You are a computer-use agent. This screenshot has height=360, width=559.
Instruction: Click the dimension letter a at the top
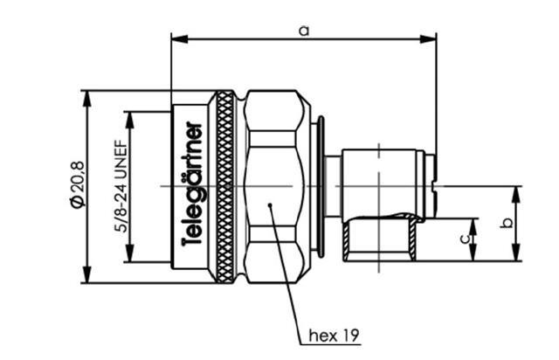(x=304, y=31)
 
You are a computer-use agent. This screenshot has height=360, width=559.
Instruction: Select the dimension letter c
(x=465, y=239)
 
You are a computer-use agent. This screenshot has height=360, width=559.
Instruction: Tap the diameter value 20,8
(x=79, y=177)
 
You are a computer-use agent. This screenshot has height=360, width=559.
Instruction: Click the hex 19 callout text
(x=334, y=336)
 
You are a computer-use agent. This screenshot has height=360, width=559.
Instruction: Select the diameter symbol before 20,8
(x=79, y=202)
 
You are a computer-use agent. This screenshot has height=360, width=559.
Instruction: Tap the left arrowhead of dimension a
(x=179, y=38)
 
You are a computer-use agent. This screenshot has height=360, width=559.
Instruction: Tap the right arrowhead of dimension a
(x=428, y=38)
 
